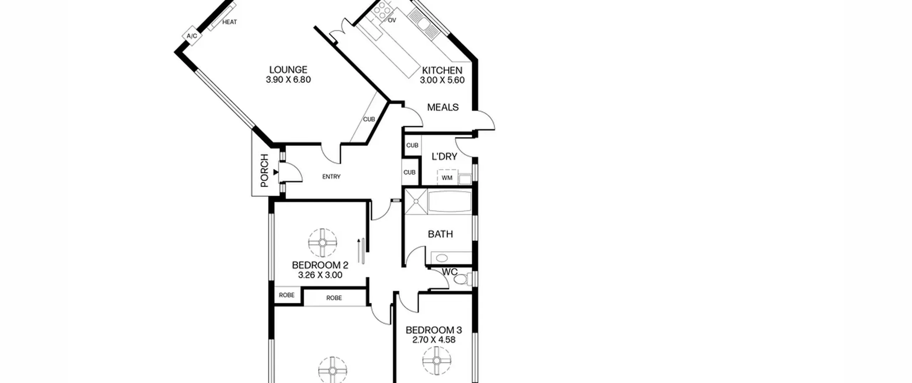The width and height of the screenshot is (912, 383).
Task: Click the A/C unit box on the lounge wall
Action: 192,36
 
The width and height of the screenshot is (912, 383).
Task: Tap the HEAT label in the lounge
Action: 229,22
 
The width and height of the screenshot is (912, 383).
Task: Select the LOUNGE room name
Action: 288,69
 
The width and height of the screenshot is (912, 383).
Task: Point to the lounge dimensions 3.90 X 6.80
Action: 288,79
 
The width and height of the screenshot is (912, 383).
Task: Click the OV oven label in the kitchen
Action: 392,20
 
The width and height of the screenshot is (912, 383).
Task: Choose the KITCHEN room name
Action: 442,70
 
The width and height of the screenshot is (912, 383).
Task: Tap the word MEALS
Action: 443,107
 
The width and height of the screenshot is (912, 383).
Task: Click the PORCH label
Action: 264,170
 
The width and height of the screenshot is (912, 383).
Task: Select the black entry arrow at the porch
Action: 275,172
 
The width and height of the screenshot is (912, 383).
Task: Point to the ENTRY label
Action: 331,177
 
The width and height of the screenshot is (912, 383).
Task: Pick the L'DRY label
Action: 444,156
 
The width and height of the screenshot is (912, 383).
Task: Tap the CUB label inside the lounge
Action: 369,119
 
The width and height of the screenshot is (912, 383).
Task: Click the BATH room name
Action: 440,234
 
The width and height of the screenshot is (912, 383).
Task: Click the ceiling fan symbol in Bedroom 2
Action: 322,243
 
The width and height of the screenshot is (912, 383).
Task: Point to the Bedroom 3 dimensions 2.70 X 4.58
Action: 434,340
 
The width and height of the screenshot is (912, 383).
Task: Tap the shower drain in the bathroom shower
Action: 416,201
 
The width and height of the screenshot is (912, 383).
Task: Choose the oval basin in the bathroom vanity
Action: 442,258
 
